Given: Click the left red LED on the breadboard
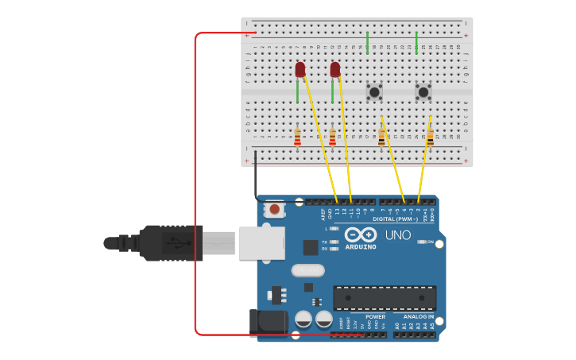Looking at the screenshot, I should point(300,70).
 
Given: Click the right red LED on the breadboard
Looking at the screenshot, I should point(334,70).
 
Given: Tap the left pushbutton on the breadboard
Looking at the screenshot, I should point(374,91).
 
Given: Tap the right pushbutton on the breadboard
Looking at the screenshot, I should point(423,91).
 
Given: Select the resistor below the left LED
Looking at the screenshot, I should point(297,137).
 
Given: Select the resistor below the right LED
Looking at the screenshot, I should point(332,137).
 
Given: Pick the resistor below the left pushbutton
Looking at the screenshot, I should point(381,137).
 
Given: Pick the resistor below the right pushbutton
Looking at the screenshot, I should point(430,137).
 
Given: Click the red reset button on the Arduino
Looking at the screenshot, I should point(274,210).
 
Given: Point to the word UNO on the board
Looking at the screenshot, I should point(397,235).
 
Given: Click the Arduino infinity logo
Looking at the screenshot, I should point(360,234).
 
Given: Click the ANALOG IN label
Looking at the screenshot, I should point(418,316).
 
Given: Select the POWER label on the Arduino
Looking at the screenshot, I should point(375,316).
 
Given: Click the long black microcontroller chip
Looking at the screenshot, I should point(385,298).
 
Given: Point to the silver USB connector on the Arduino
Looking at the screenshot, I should point(261,242).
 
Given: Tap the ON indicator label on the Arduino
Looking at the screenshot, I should point(431,242).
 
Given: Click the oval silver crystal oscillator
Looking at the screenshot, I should point(307,270).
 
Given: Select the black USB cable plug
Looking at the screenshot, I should point(171,242).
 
